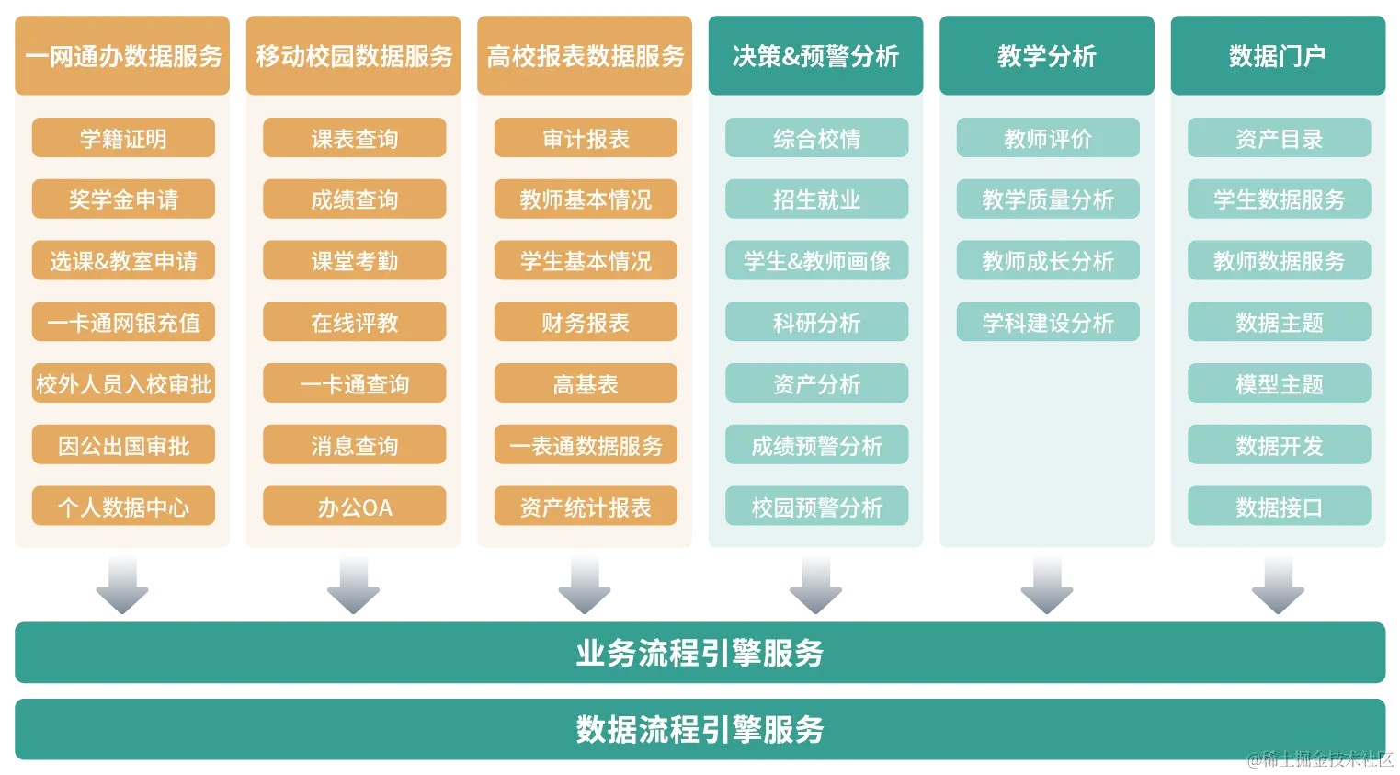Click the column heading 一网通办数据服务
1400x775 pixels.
[x=123, y=57]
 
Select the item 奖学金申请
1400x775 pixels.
[x=123, y=199]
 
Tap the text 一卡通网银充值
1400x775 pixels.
[x=123, y=323]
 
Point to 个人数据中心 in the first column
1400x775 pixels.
[x=123, y=507]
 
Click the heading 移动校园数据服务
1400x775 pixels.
[x=354, y=57]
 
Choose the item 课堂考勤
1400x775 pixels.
[x=354, y=261]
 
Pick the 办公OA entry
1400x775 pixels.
[x=354, y=507]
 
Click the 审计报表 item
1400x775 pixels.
[x=586, y=139]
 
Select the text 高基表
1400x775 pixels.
[x=586, y=384]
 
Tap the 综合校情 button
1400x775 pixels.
[x=816, y=138]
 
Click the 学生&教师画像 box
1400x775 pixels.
[x=816, y=261]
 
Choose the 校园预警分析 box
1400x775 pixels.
[x=816, y=507]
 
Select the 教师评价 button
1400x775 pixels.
[x=1047, y=138]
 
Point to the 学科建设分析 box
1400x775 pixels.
[x=1047, y=323]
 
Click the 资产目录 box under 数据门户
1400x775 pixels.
[x=1279, y=138]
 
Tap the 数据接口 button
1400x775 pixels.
[x=1279, y=507]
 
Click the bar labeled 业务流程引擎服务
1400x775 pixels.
[x=700, y=653]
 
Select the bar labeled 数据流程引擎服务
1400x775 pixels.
[x=700, y=730]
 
